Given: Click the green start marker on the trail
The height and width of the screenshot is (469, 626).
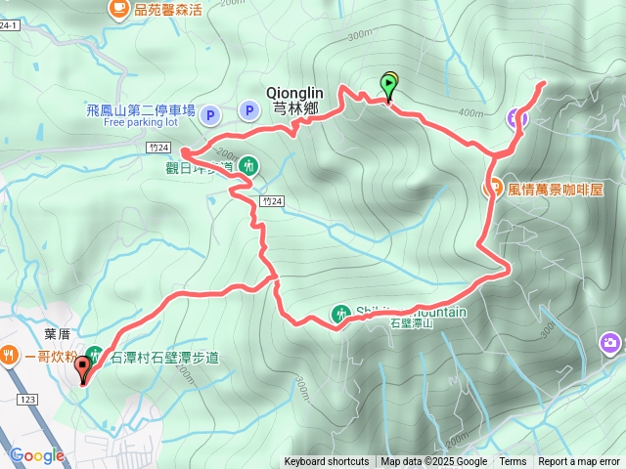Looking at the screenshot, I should [x=390, y=86].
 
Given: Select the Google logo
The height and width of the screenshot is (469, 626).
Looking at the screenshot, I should [x=36, y=455].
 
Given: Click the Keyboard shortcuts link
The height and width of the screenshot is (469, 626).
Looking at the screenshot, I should [x=327, y=462].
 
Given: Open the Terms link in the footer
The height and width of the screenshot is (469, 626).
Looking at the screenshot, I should [x=513, y=462].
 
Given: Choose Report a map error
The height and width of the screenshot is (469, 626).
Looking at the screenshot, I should [x=580, y=462].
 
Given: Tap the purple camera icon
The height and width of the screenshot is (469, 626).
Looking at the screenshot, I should [x=610, y=342].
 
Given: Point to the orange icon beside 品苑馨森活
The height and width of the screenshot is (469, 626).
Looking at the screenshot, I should [x=119, y=10].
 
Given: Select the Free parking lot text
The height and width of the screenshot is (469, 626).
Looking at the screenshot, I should [x=140, y=123].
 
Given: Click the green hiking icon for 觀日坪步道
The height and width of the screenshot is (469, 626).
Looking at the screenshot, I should [x=248, y=166].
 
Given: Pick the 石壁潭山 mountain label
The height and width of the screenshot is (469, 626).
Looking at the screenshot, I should [x=411, y=323].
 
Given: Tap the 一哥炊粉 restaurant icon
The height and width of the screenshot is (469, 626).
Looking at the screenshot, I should [x=10, y=356].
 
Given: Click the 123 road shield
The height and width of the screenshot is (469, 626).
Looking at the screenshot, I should [x=25, y=400].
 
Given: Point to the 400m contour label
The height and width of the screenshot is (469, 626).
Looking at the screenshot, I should [x=469, y=112].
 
